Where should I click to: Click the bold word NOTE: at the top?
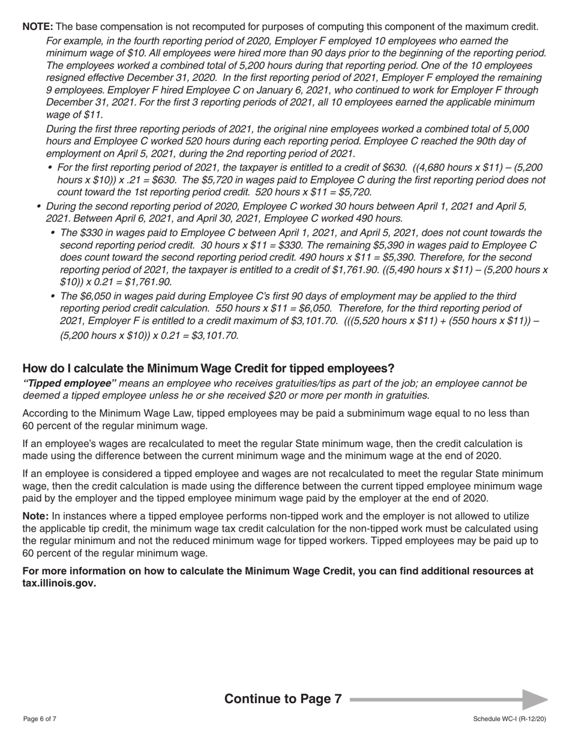[38, 27]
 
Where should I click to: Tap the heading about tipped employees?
[208, 368]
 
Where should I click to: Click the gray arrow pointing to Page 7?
[534, 700]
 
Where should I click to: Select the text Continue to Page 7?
[283, 699]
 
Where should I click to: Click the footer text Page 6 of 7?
[40, 719]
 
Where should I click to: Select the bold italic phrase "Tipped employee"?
[70, 383]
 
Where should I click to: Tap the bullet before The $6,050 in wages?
[53, 296]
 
